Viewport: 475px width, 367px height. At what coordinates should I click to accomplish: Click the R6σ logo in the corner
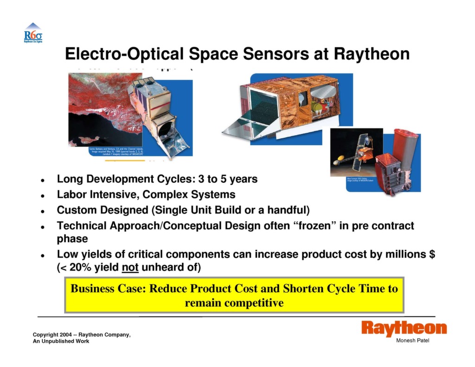(x=33, y=33)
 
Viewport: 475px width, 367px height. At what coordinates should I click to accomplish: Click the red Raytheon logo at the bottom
(x=404, y=328)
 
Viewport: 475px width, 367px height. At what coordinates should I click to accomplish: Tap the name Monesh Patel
(x=413, y=341)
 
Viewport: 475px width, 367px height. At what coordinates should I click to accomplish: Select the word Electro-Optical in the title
(x=125, y=54)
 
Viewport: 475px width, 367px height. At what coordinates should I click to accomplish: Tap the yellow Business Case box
(x=234, y=296)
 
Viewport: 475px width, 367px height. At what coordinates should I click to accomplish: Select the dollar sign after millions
(x=432, y=254)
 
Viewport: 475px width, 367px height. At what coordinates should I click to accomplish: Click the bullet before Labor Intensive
(x=42, y=195)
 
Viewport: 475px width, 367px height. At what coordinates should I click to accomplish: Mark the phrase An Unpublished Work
(x=61, y=341)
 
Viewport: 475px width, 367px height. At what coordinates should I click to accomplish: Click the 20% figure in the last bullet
(x=79, y=268)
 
